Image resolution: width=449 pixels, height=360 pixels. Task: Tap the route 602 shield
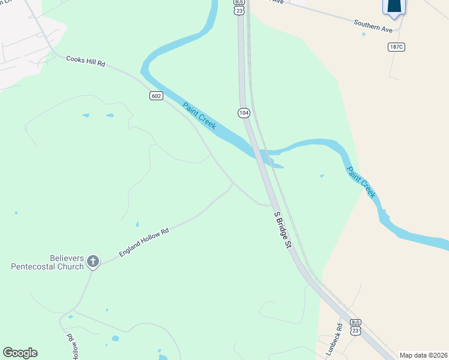[x=156, y=96]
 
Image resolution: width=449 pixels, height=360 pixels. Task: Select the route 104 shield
[x=243, y=113]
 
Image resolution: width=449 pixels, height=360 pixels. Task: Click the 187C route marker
[x=396, y=47]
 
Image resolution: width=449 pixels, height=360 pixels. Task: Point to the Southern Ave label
[x=373, y=26]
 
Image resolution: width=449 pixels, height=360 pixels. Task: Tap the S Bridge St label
[x=282, y=229]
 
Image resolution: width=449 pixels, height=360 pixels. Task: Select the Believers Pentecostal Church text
[x=47, y=262]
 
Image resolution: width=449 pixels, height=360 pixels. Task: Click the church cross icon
[x=92, y=261]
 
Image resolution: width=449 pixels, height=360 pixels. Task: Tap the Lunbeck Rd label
[x=339, y=335]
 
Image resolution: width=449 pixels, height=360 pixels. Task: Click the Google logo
[x=20, y=353]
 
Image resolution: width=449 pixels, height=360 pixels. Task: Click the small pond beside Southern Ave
[x=364, y=34]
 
